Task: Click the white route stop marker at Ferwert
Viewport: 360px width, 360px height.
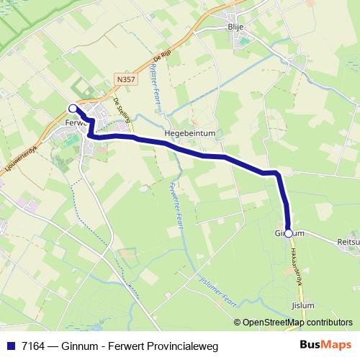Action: (x=73, y=109)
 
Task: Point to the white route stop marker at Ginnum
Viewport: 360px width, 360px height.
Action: (x=289, y=233)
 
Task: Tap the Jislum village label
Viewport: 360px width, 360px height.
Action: (x=303, y=305)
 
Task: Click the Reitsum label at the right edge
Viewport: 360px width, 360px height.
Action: (x=348, y=243)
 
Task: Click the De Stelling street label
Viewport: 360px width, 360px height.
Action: (x=122, y=112)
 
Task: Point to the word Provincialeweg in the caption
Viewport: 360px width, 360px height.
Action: (x=176, y=346)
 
